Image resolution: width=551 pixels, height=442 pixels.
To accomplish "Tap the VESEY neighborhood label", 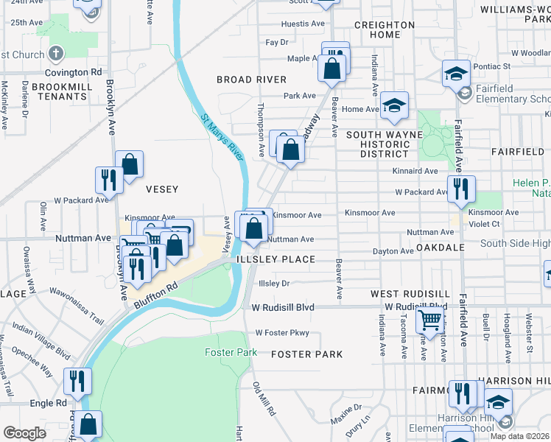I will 162,189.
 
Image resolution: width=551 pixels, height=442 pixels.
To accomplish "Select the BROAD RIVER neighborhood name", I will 250,79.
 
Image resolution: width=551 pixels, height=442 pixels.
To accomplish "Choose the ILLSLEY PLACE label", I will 275,260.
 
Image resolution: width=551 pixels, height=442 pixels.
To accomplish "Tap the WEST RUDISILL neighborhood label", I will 404,294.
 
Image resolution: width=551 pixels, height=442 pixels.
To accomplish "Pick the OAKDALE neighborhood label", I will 441,248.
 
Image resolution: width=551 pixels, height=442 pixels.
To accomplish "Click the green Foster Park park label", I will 231,353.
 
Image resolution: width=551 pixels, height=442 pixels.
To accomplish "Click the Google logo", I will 24,433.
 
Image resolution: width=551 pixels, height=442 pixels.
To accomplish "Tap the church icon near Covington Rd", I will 55,54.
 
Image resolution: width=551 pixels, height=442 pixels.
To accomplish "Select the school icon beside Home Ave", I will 394,105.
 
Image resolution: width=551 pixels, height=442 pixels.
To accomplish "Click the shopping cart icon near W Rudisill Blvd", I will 429,320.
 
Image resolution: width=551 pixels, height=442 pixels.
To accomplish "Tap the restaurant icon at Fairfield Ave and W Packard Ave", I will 461,188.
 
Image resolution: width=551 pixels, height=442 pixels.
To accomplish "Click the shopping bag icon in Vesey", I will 130,164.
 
